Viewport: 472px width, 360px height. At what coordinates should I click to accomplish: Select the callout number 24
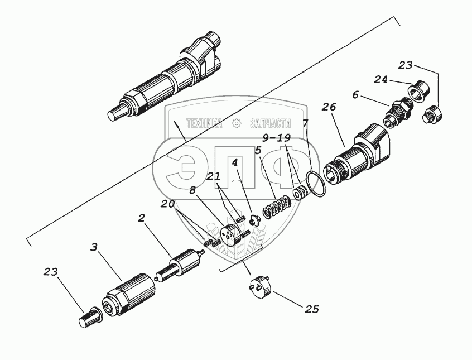coord(381,80)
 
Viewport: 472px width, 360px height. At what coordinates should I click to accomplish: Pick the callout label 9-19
coord(276,137)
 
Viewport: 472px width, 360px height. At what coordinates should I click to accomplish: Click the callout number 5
coord(258,151)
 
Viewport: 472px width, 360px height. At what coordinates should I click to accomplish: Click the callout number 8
coord(192,190)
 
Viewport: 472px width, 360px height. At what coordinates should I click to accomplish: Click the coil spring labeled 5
coord(277,207)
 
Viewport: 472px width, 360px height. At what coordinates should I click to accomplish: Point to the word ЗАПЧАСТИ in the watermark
coord(271,124)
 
